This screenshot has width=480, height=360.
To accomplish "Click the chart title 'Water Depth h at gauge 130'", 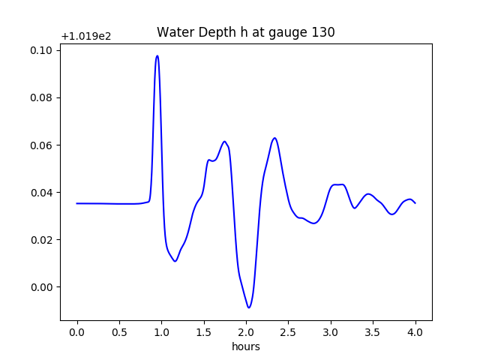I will coord(245,32).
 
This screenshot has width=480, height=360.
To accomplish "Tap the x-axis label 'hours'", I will coord(245,347).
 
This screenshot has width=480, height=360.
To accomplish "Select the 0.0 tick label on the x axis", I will coord(77,331).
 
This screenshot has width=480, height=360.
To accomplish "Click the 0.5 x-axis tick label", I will coord(119,331).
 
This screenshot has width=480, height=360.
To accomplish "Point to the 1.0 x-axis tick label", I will coord(161,331).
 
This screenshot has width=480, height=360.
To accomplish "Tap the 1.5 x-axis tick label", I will coord(204,331).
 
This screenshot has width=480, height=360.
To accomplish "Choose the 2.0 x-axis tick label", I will coord(246,331).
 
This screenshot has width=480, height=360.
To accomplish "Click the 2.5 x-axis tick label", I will coord(289,331).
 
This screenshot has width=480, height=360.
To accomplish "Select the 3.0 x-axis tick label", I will coord(331,331).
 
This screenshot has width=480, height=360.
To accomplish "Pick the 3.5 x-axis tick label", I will coord(373,331).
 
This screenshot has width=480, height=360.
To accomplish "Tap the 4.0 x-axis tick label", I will coord(415,331).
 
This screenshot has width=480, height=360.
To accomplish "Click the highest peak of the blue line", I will coord(157,56).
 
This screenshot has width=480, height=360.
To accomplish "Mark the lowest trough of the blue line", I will coord(249,307).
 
